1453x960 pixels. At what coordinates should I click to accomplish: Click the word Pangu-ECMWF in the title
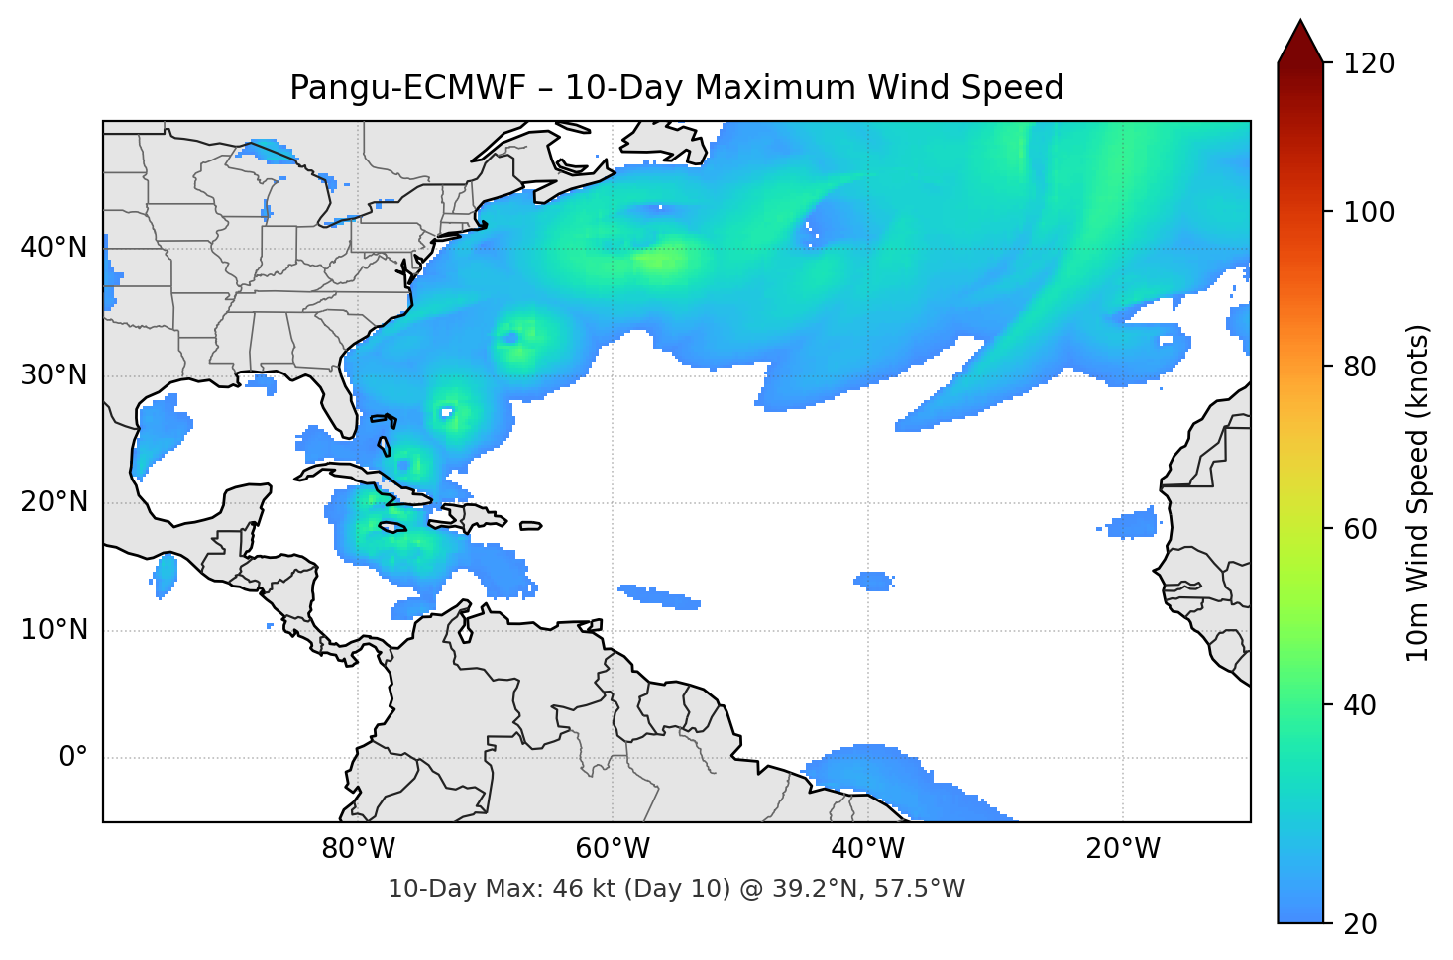(x=407, y=88)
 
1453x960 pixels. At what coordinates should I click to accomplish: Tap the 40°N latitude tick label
(x=54, y=248)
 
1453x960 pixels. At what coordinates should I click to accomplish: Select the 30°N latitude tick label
(x=54, y=375)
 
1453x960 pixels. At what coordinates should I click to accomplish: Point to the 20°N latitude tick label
(x=54, y=502)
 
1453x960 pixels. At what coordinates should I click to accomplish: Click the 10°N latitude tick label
(x=54, y=630)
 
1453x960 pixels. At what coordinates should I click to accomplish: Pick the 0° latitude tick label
(x=73, y=758)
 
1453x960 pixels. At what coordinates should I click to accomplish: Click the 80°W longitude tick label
(x=358, y=849)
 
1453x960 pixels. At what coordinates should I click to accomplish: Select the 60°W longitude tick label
(x=613, y=849)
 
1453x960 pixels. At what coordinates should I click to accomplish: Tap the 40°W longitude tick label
(x=867, y=849)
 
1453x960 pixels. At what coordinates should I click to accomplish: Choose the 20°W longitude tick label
(x=1122, y=849)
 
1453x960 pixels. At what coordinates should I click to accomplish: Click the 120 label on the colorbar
(x=1370, y=63)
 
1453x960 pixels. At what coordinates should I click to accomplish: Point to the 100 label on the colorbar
(x=1370, y=212)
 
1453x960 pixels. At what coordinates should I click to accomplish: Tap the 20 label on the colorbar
(x=1361, y=924)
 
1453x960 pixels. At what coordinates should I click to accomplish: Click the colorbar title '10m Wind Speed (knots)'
(x=1418, y=493)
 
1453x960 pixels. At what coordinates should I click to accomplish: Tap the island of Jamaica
(x=393, y=527)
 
